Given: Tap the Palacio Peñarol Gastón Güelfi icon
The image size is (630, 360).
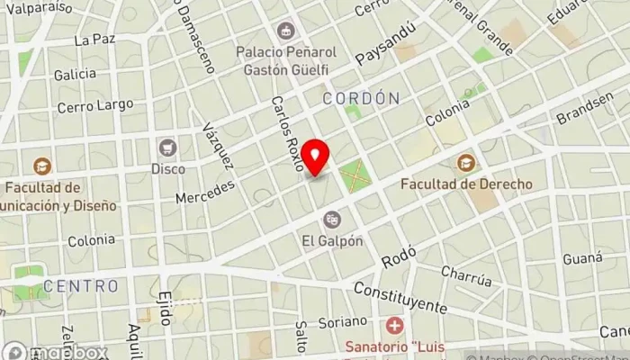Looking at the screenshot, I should click(286, 31).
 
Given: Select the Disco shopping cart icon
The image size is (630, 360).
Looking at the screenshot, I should click(167, 148).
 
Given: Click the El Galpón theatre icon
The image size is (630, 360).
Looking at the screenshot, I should click(333, 219).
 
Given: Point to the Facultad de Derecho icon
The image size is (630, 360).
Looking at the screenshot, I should click(466, 163).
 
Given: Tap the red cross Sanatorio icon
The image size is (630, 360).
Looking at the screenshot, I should click(393, 325).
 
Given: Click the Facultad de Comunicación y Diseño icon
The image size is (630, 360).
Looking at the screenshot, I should click(40, 166).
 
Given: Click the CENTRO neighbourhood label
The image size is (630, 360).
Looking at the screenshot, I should click(81, 286).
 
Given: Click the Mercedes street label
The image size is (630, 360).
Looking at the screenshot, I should click(206, 191).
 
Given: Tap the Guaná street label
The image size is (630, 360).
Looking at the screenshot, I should click(582, 258).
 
